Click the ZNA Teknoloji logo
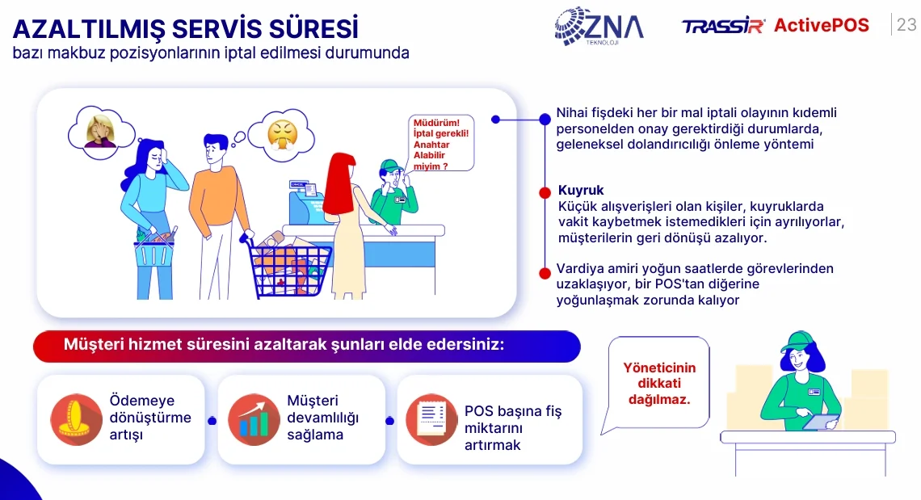pyautogui.click(x=599, y=27)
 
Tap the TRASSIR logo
pyautogui.click(x=723, y=27)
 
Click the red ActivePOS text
pyautogui.click(x=821, y=25)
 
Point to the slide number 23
pyautogui.click(x=906, y=25)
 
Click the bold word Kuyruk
pyautogui.click(x=581, y=191)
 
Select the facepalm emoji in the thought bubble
pyautogui.click(x=100, y=132)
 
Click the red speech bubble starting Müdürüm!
pyautogui.click(x=440, y=144)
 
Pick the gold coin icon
pyautogui.click(x=77, y=419)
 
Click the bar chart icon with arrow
pyautogui.click(x=254, y=419)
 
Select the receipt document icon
pyautogui.click(x=431, y=419)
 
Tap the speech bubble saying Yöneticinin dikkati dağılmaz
pyautogui.click(x=658, y=383)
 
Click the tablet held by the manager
pyautogui.click(x=821, y=422)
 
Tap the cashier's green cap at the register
pyautogui.click(x=389, y=166)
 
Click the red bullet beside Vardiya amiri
pyautogui.click(x=545, y=273)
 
